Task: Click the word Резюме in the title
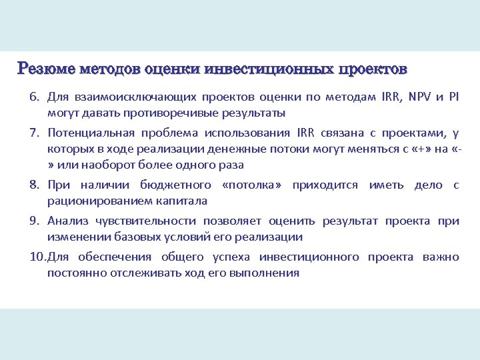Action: [x=46, y=69]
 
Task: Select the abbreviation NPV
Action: [x=419, y=97]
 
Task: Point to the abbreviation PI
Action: [x=454, y=97]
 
